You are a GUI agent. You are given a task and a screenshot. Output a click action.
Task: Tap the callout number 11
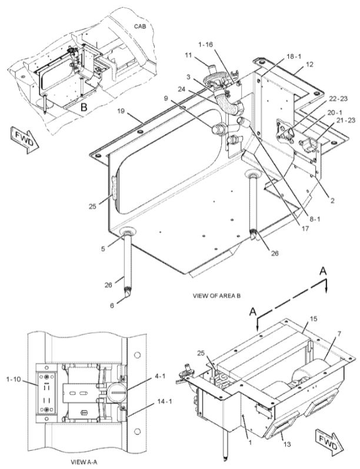point(188,55)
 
